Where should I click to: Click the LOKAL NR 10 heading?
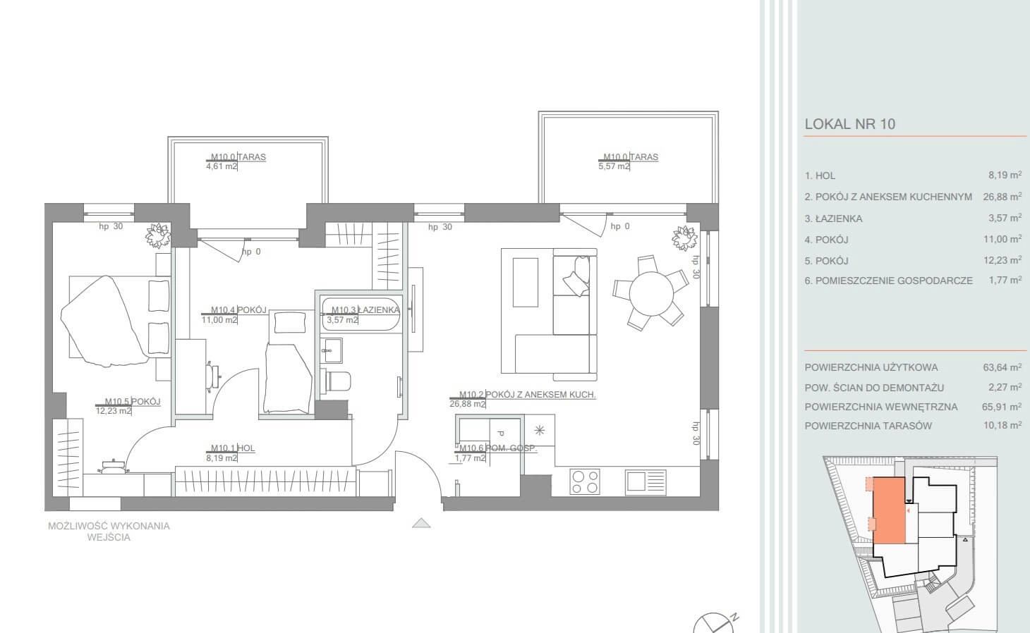849,124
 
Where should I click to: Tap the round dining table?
651,293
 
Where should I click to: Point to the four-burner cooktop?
584,481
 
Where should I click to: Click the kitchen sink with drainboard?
645,481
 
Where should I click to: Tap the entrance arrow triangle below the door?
421,523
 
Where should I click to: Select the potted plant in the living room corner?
684,238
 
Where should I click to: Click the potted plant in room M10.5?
158,236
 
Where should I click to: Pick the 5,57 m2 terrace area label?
613,166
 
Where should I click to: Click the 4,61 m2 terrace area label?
222,166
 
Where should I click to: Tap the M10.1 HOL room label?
233,448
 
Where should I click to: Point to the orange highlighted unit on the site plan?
890,510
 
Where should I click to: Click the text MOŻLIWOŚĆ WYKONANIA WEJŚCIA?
109,531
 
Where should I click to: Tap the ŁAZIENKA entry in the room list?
833,219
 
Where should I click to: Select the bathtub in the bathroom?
361,314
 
